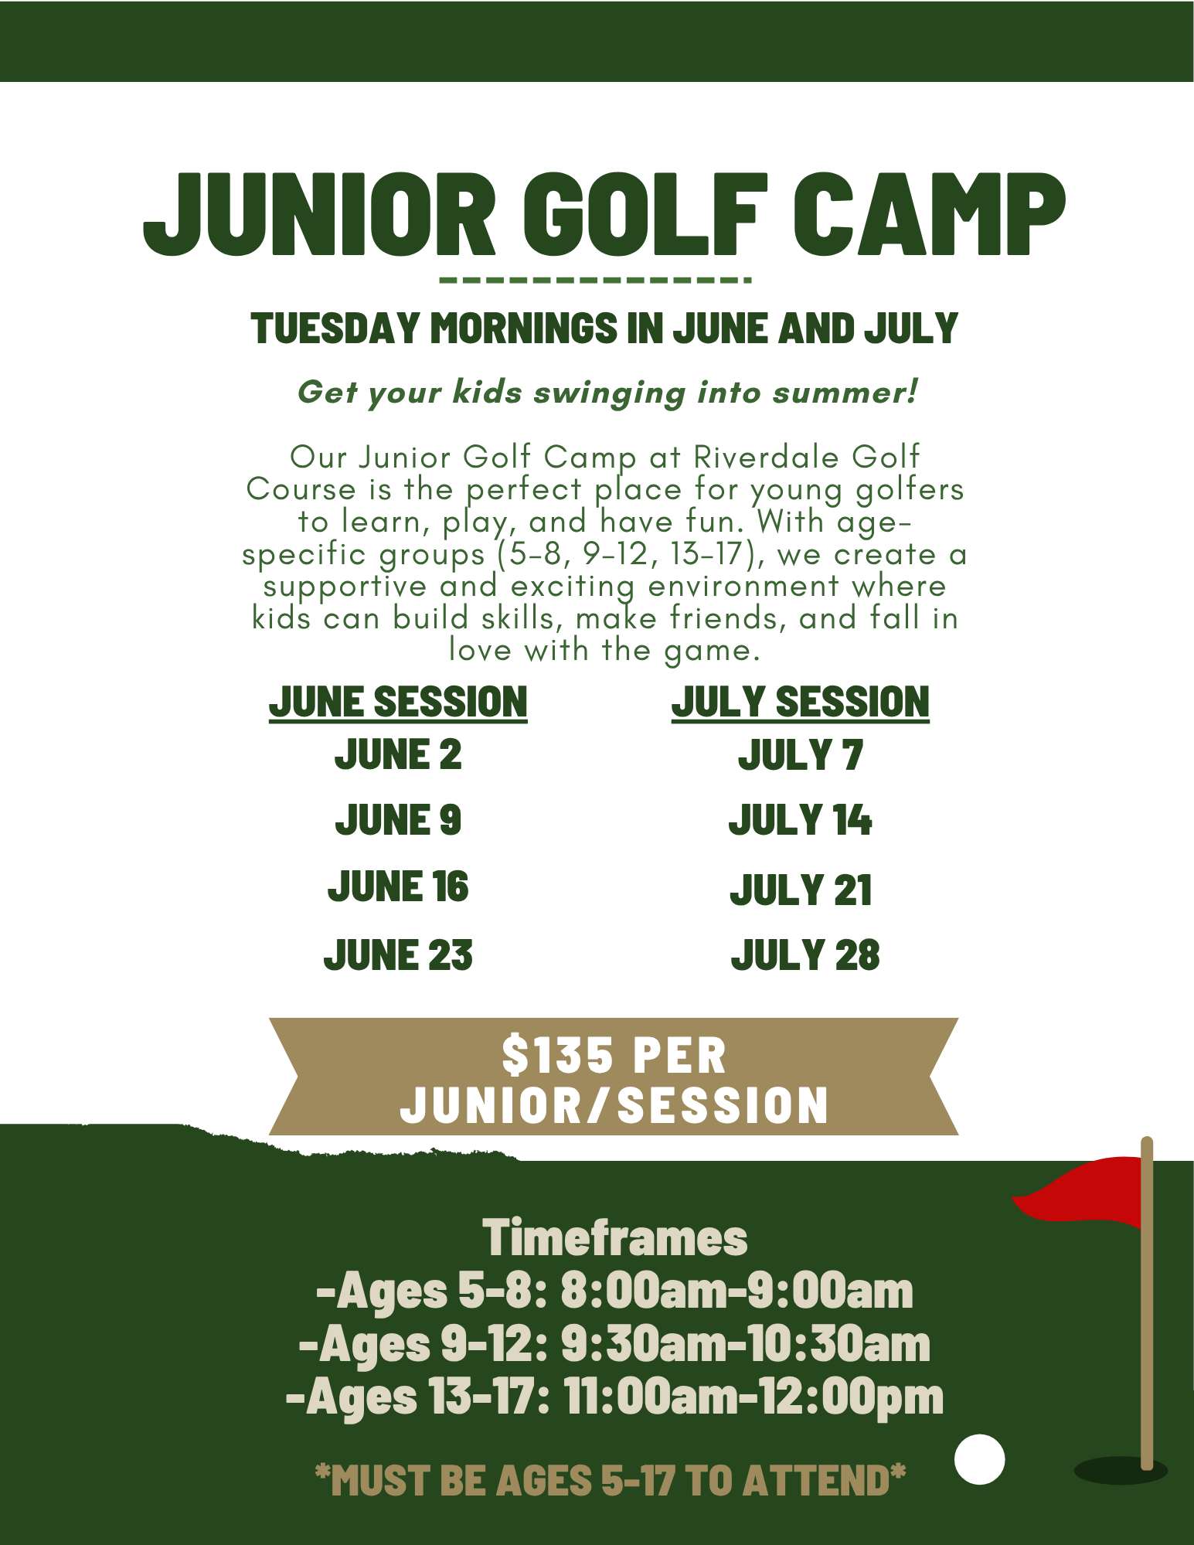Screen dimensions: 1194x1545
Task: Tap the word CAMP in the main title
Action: tap(930, 214)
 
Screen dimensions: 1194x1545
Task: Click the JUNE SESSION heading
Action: tap(398, 703)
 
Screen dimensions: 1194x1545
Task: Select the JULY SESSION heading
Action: tap(801, 703)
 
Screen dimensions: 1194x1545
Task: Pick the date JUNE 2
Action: tap(398, 754)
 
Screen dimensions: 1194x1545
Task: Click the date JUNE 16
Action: tap(398, 887)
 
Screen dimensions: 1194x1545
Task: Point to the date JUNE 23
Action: tap(398, 955)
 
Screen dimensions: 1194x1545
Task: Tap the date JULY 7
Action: tap(801, 755)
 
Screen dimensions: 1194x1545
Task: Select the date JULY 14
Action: tap(801, 820)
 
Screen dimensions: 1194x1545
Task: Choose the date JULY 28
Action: tap(805, 955)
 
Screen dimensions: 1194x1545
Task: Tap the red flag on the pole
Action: tap(1077, 1191)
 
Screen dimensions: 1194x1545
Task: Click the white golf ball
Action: tap(980, 1459)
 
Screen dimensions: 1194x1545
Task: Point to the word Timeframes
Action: tap(615, 1237)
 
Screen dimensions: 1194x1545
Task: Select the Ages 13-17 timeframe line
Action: tap(614, 1397)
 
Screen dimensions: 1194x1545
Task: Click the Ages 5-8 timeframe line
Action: tap(614, 1291)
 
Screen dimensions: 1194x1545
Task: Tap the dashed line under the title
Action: tap(595, 280)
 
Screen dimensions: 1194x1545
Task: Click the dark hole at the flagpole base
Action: tap(1121, 1470)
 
